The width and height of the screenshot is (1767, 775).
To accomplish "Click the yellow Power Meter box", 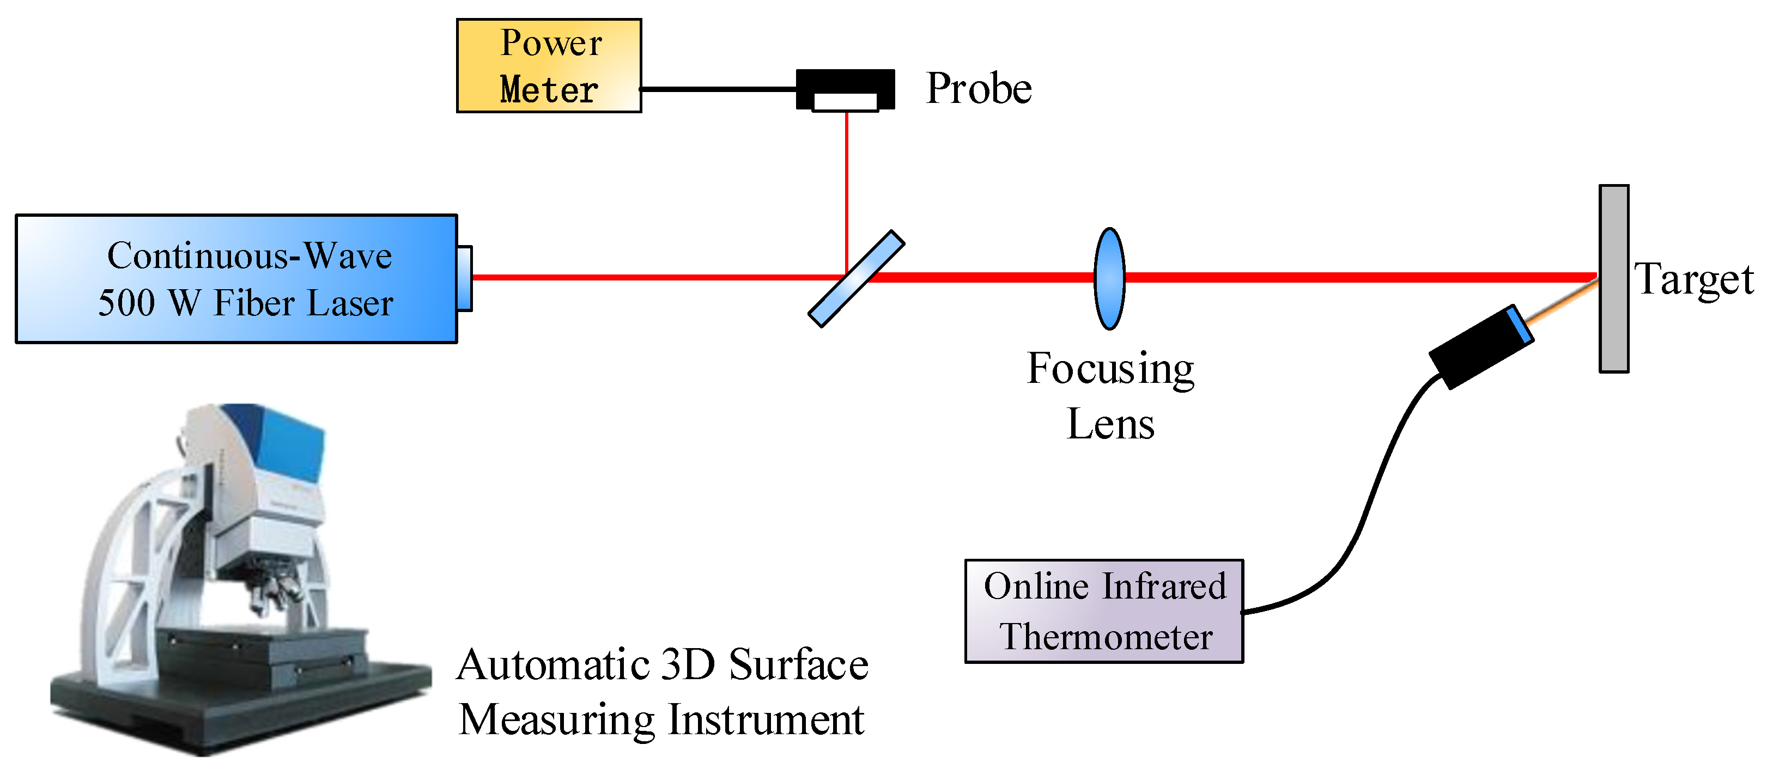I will click(548, 65).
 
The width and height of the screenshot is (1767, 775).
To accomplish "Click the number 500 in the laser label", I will click(126, 303).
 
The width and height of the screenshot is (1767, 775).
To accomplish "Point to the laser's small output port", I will click(464, 278).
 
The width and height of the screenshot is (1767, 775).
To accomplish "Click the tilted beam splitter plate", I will click(855, 278).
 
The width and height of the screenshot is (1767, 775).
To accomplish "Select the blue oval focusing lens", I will click(1108, 278).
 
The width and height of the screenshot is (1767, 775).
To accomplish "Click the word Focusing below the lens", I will click(1110, 369).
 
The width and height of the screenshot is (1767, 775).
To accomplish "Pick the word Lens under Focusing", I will click(1110, 424).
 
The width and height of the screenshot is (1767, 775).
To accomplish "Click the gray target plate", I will click(1613, 278).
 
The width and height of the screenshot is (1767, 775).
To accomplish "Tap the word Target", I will click(1693, 280).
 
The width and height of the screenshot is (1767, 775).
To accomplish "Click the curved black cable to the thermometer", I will click(1372, 494).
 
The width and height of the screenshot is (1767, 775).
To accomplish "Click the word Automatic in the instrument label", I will click(552, 666).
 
